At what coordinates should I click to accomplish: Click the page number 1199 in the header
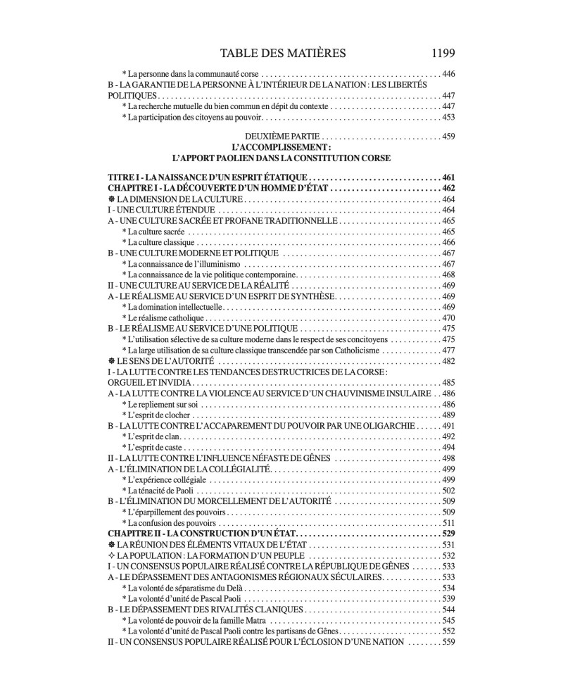[x=440, y=53]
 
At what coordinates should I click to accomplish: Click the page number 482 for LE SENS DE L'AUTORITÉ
[x=448, y=361]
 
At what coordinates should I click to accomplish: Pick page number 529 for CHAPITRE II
[x=448, y=534]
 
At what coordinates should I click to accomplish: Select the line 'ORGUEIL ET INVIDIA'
[x=147, y=382]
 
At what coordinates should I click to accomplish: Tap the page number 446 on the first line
[x=448, y=73]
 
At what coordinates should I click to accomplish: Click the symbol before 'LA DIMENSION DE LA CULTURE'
[x=111, y=200]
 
